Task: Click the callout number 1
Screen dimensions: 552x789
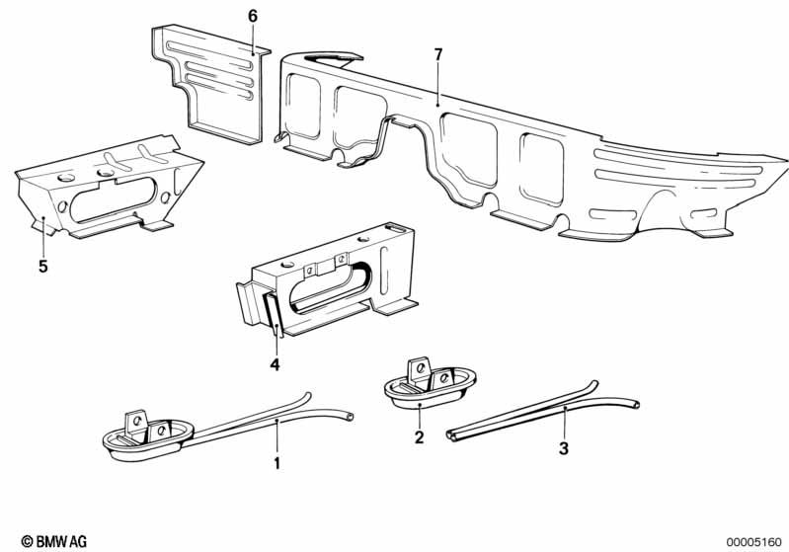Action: [277, 462]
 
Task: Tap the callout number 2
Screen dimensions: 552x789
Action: [419, 436]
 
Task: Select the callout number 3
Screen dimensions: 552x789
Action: [564, 448]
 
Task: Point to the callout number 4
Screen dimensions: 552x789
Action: [276, 364]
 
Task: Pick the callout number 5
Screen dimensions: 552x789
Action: [42, 266]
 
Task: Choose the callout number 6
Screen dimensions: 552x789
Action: [253, 16]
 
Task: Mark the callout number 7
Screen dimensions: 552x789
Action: [437, 54]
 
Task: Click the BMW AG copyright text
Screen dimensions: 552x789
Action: [46, 540]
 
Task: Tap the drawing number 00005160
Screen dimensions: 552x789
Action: [754, 540]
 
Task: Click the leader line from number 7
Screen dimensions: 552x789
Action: [437, 82]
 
